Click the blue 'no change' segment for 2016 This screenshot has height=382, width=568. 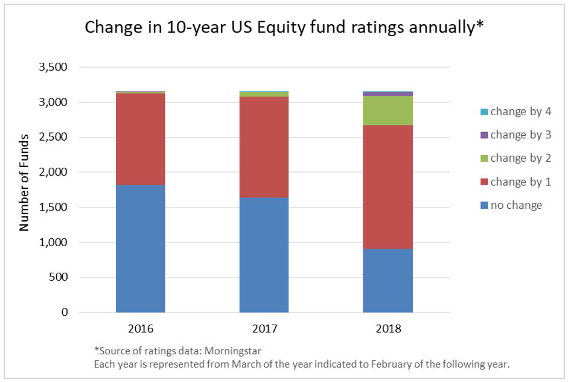(140, 249)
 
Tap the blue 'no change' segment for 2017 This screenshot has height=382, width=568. (264, 255)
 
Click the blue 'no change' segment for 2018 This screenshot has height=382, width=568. (388, 281)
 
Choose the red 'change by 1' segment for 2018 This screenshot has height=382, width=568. (388, 187)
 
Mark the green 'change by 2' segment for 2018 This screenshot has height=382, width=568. (388, 110)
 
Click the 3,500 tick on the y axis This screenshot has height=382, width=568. (54, 67)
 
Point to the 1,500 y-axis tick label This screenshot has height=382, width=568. (54, 208)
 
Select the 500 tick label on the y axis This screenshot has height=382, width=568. (60, 278)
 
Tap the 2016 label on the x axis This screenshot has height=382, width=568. (140, 329)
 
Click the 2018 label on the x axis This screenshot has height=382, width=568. (388, 329)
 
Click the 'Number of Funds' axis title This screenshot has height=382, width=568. (25, 189)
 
